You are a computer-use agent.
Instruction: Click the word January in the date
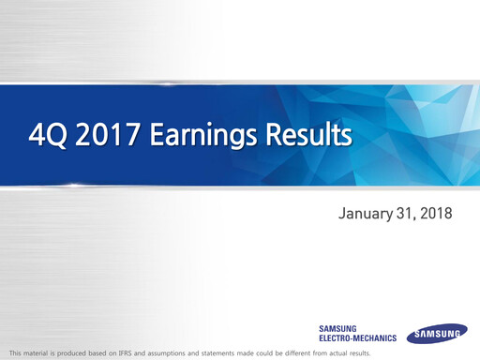pos(367,215)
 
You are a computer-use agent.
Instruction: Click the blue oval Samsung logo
pos(437,333)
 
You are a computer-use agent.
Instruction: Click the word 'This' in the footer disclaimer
pos(14,352)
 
